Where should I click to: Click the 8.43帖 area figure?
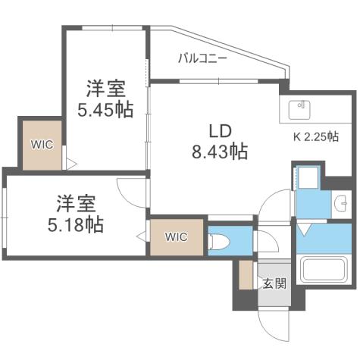coord(218,151)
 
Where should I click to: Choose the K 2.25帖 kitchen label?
coord(315,137)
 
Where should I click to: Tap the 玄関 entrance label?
coord(274,284)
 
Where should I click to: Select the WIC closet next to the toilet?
coord(177,236)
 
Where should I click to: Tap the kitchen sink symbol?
coord(302,109)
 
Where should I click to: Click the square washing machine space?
coord(308,179)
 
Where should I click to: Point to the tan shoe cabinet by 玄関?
coord(245,274)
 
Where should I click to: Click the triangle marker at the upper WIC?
coord(67,162)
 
